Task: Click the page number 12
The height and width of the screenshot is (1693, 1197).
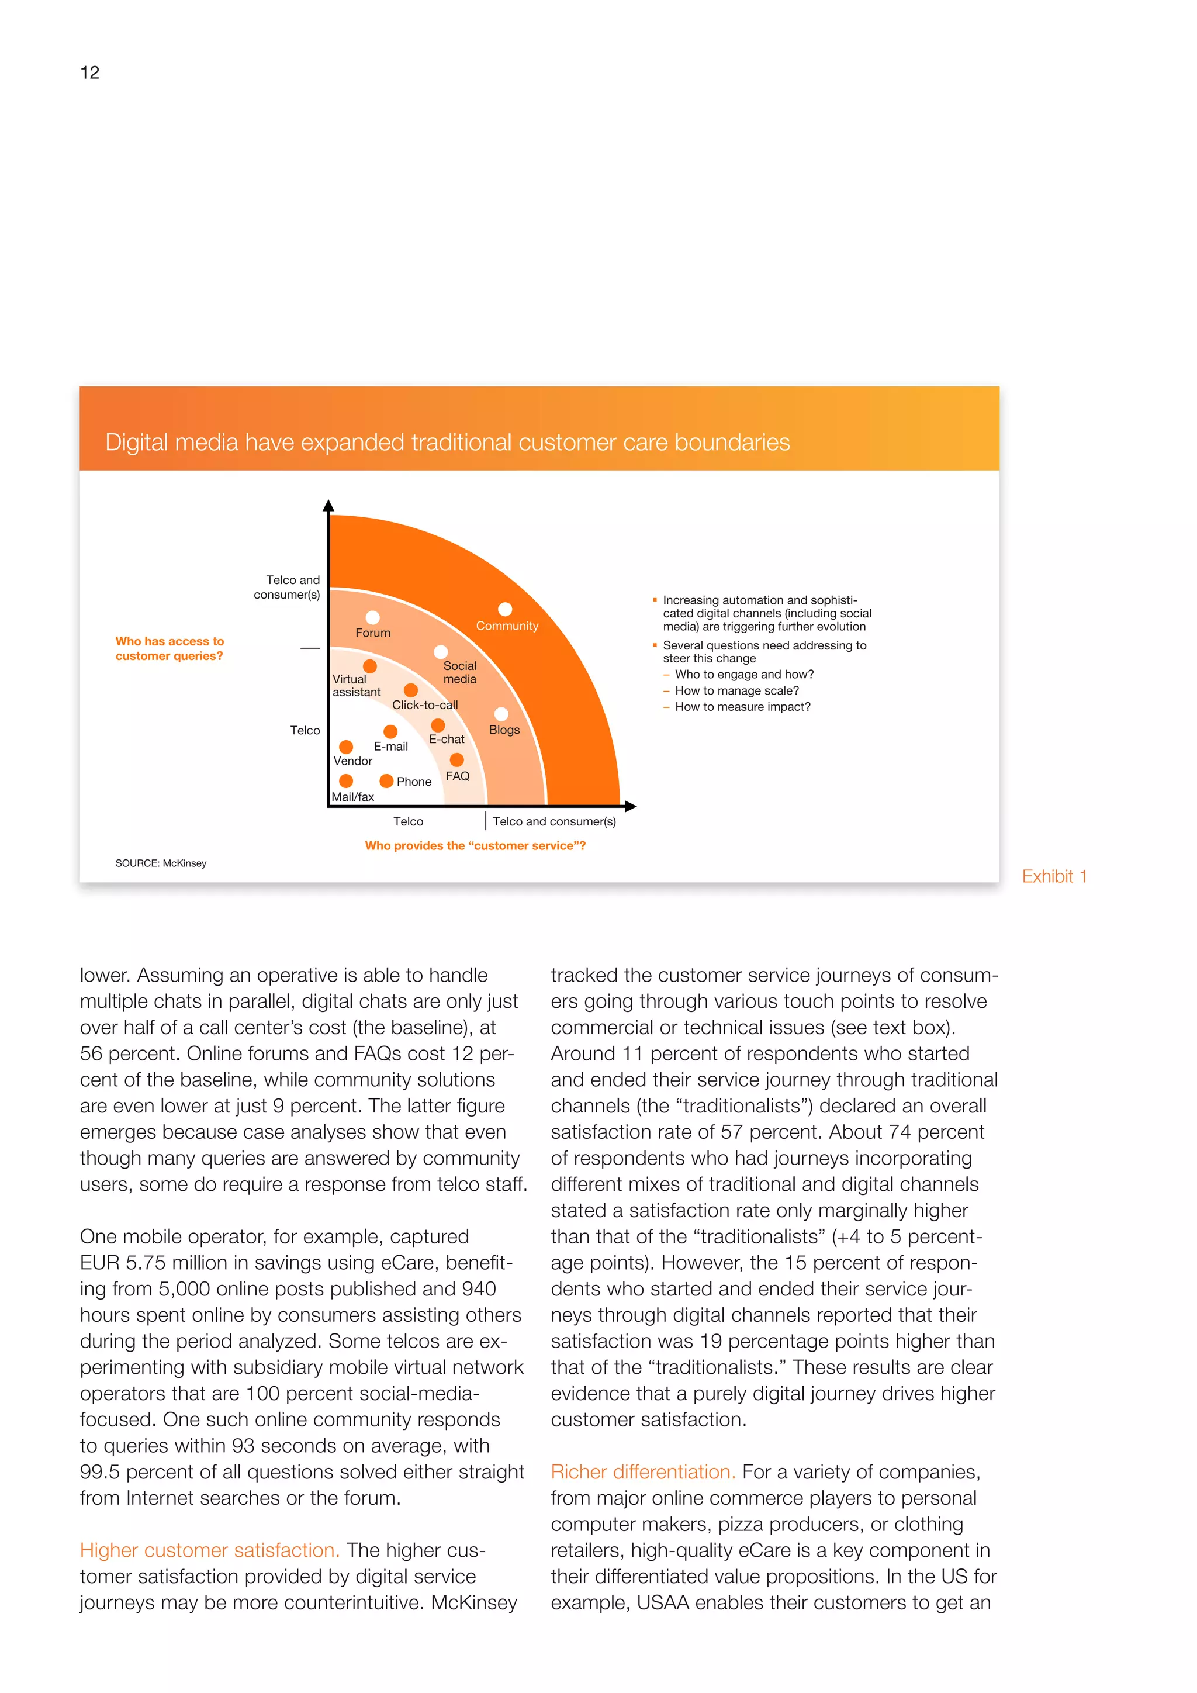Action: pyautogui.click(x=89, y=72)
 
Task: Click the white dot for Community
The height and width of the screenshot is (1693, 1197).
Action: pyautogui.click(x=505, y=609)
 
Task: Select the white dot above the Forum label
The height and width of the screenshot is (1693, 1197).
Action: pyautogui.click(x=373, y=617)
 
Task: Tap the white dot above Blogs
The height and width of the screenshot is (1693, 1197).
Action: pyautogui.click(x=501, y=714)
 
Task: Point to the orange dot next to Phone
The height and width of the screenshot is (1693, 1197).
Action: pyautogui.click(x=386, y=781)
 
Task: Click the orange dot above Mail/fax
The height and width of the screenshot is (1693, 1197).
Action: pyautogui.click(x=345, y=781)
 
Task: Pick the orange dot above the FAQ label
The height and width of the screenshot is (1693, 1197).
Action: pyautogui.click(x=457, y=759)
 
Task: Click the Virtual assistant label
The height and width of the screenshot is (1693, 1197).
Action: pyautogui.click(x=356, y=686)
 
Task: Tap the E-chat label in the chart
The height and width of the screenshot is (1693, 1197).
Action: pyautogui.click(x=447, y=739)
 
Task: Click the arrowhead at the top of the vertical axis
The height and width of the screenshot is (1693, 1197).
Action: pyautogui.click(x=328, y=506)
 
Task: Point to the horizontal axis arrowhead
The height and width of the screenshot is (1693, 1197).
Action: pyautogui.click(x=630, y=807)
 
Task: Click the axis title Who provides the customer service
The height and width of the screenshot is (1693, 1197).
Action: pyautogui.click(x=475, y=846)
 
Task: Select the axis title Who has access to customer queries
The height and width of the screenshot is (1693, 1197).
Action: pyautogui.click(x=169, y=649)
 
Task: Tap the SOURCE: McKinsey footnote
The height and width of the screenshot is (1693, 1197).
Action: pyautogui.click(x=161, y=863)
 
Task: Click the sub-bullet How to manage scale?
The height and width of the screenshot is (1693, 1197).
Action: pyautogui.click(x=736, y=691)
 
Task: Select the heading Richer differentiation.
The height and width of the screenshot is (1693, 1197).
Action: pyautogui.click(x=643, y=1472)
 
